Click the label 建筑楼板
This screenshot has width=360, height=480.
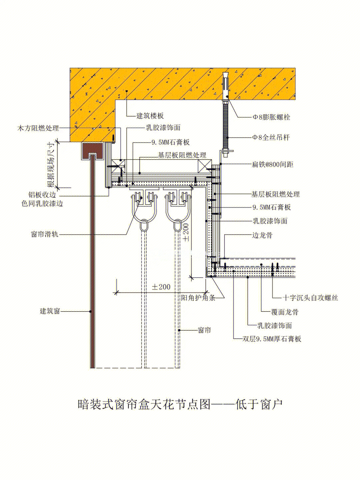pyautogui.click(x=150, y=116)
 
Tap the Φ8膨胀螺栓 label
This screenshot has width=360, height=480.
pyautogui.click(x=271, y=117)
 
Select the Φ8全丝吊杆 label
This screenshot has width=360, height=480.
pyautogui.click(x=271, y=137)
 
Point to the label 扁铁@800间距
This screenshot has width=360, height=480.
pyautogui.click(x=272, y=164)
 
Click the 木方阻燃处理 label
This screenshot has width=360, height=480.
pyautogui.click(x=38, y=128)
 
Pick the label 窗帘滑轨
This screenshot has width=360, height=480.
pyautogui.click(x=45, y=234)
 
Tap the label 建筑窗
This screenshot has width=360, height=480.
pyautogui.click(x=50, y=311)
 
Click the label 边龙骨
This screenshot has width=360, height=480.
pyautogui.click(x=262, y=235)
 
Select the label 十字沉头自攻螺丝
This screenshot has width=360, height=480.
pyautogui.click(x=310, y=298)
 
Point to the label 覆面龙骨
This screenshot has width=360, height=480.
pyautogui.click(x=285, y=312)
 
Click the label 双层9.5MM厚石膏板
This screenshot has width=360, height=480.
pyautogui.click(x=272, y=339)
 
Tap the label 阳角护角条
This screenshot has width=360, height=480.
pyautogui.click(x=198, y=298)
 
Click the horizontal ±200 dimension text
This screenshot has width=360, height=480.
pyautogui.click(x=161, y=287)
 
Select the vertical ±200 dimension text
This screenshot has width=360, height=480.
pyautogui.click(x=186, y=233)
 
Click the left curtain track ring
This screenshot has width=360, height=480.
pyautogui.click(x=144, y=226)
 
